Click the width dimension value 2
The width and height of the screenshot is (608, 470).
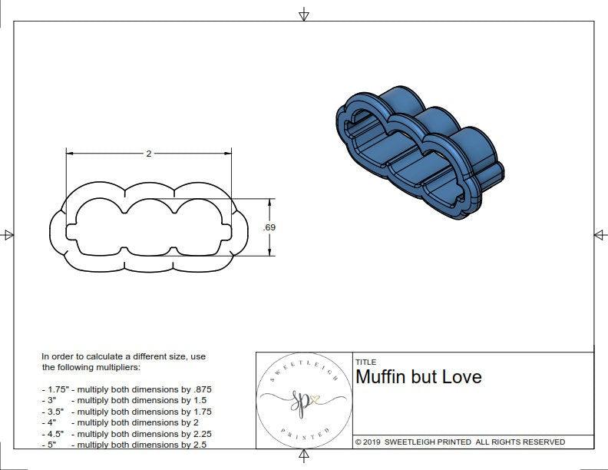(149, 154)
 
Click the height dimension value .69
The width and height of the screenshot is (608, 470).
(269, 227)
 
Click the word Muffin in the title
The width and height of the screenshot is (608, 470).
(383, 376)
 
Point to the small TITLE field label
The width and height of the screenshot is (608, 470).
(365, 362)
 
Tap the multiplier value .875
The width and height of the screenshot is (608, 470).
(200, 389)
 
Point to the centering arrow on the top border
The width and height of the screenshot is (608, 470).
(304, 15)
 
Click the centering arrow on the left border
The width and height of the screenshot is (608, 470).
(8, 235)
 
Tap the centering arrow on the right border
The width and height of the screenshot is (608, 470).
(600, 235)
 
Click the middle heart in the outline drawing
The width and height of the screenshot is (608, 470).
(149, 223)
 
